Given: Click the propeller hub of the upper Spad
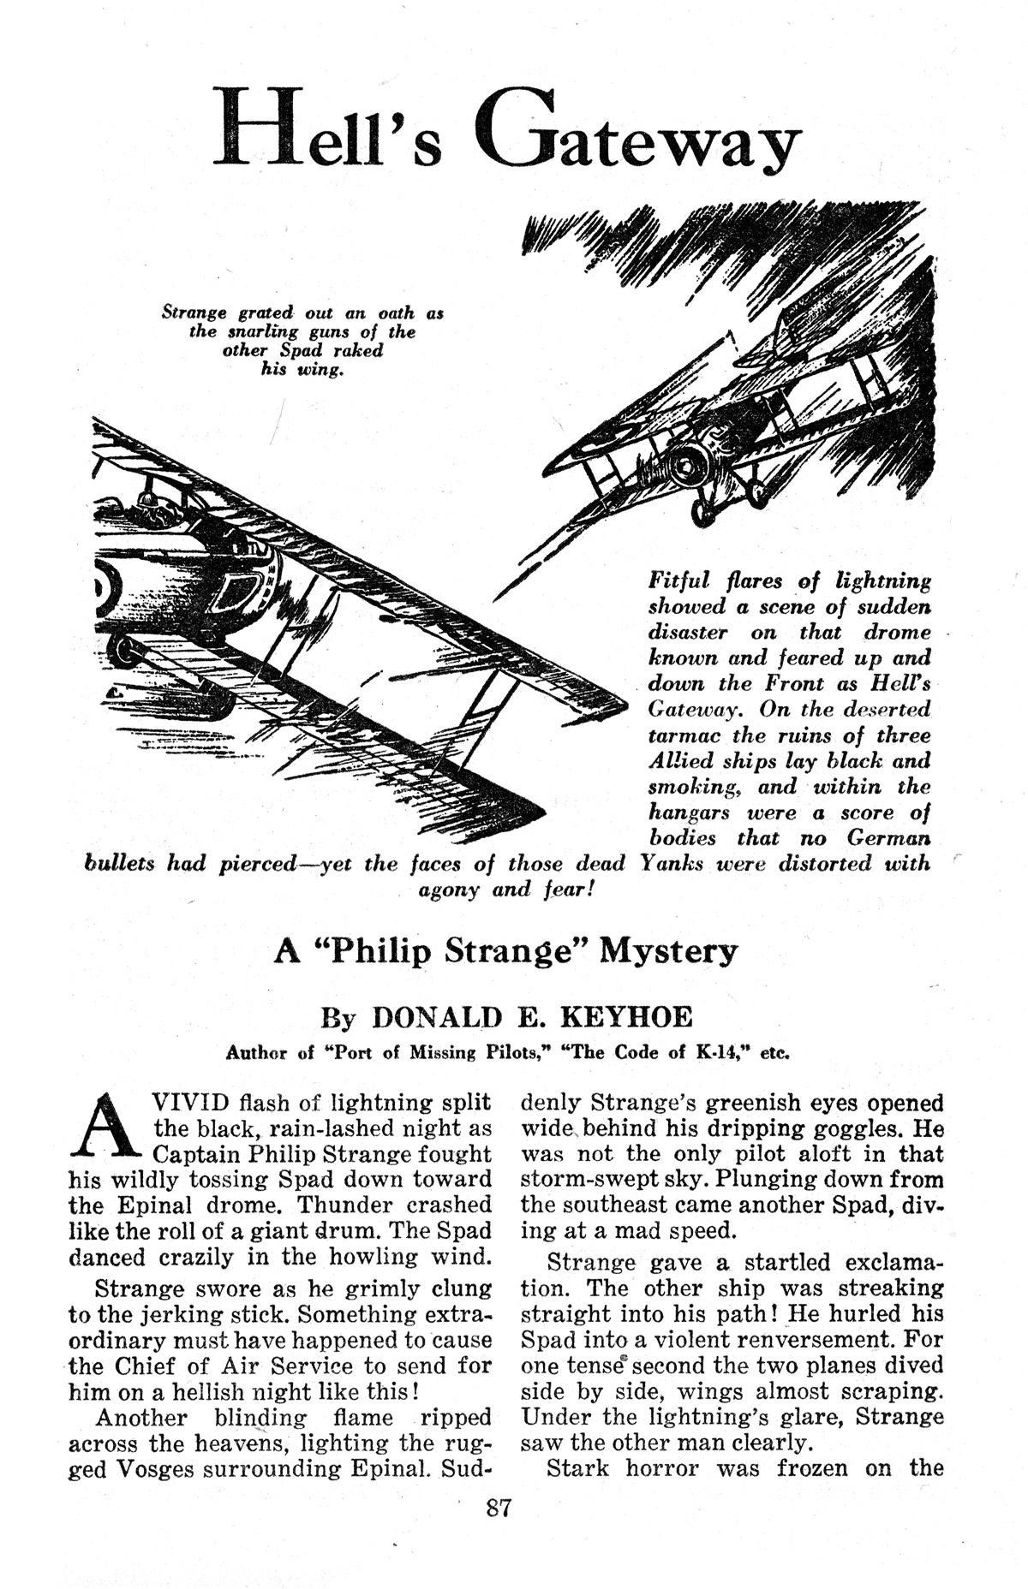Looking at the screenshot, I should click(x=687, y=467).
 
